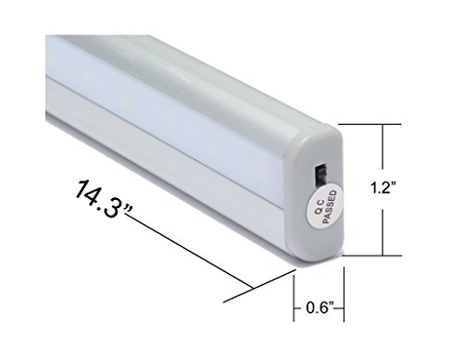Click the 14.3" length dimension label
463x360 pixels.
coord(103,200)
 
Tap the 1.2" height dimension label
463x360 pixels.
coord(382,188)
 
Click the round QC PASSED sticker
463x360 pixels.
coord(325,206)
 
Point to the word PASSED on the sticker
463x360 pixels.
coord(330,206)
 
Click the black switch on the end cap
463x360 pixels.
coord(320,177)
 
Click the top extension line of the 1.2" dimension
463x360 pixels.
coord(369,124)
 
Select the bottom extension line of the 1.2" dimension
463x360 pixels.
coord(372,255)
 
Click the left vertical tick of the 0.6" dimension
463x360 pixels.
coord(294,298)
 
